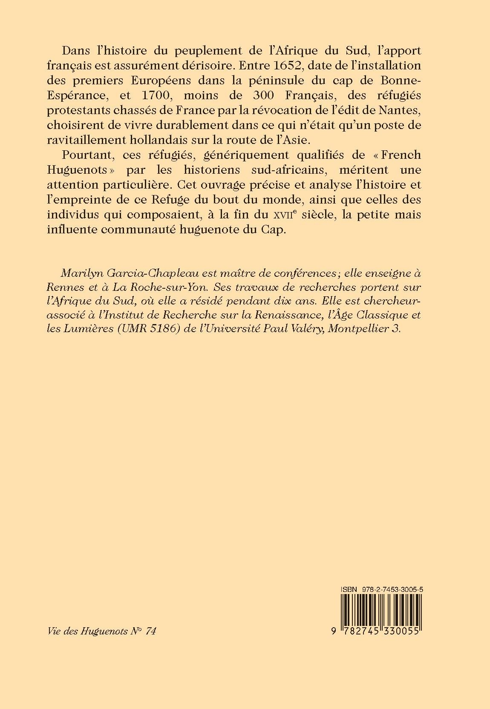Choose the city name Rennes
click(x=66, y=287)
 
